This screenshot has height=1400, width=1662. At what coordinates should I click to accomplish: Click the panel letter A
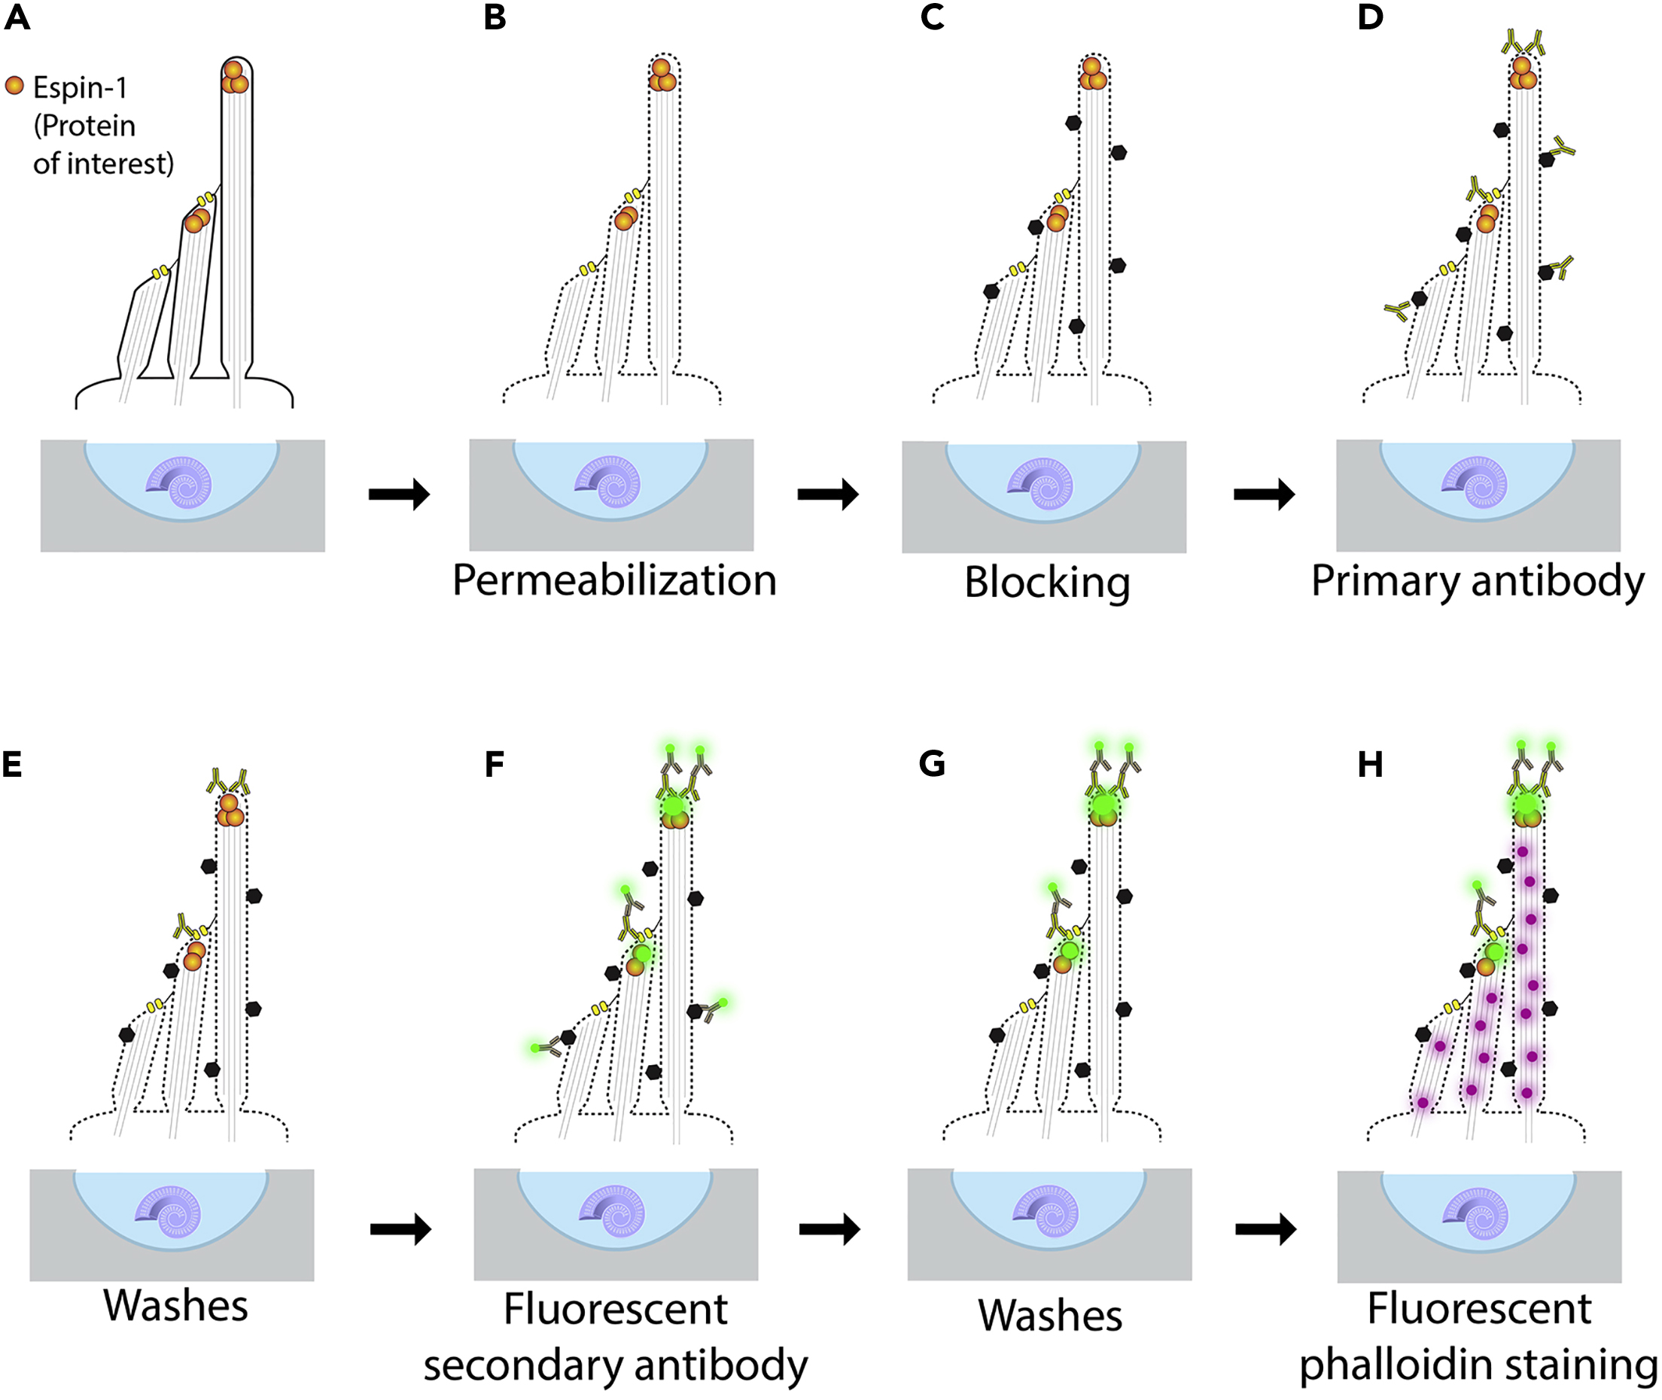coord(17,18)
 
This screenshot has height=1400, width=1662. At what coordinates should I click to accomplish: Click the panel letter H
coord(1370,765)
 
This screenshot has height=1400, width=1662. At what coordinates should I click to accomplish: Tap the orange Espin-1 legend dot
coord(15,86)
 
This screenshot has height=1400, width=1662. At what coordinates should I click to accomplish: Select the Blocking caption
coord(1047,583)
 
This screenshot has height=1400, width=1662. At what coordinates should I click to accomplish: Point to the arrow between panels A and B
coord(399,495)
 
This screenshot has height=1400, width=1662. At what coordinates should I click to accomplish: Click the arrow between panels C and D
coord(1264,495)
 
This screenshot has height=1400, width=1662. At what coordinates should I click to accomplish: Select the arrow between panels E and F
coord(400,1229)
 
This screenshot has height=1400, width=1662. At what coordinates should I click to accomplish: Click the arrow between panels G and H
coord(1265,1229)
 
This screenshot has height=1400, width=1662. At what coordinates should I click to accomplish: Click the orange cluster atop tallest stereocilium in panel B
coord(662,75)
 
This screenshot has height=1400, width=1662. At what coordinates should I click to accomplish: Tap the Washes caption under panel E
coord(175,1307)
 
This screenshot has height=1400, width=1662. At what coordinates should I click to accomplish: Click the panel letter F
coord(494,765)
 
